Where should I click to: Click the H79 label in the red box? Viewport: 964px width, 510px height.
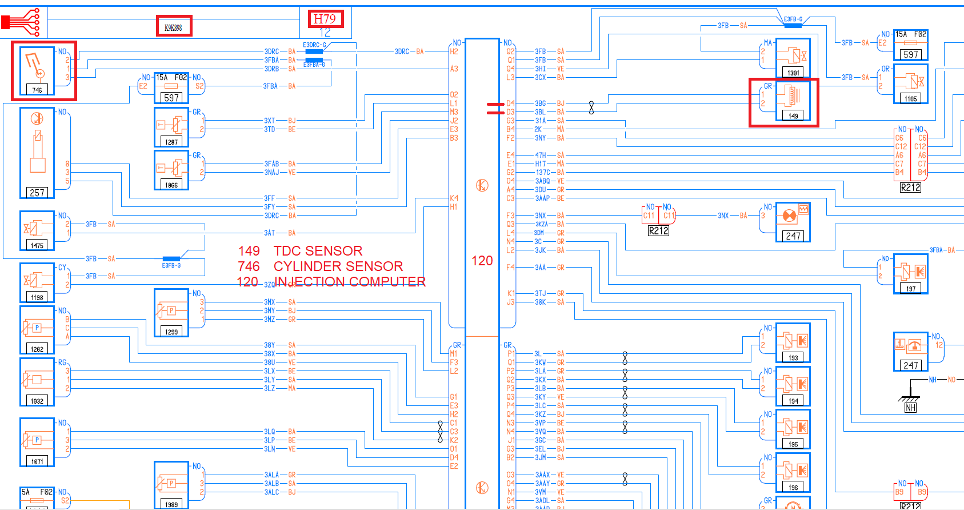pos(326,19)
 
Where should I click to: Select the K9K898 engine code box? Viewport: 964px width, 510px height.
pos(174,26)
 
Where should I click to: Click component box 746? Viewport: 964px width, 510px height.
pos(37,71)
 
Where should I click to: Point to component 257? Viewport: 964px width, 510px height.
pos(37,153)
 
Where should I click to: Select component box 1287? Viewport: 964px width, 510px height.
pos(171,127)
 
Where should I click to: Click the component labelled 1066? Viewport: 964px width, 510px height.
pos(171,170)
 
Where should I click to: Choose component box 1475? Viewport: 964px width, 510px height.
pos(37,231)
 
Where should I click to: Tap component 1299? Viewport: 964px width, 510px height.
pos(171,313)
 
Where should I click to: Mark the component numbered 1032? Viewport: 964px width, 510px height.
pos(37,382)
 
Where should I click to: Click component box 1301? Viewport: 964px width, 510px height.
pos(793,58)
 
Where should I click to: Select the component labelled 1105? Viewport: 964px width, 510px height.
pos(910,83)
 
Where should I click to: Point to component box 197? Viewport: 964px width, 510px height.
pos(910,274)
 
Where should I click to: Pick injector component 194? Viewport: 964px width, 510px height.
pos(793,386)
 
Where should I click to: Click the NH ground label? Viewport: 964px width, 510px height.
pos(910,408)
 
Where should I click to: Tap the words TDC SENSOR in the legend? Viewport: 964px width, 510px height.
pos(318,251)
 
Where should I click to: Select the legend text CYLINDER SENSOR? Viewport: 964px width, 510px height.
pos(338,266)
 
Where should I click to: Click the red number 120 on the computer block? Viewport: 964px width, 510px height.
pos(482,261)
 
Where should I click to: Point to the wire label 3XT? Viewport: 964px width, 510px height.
pos(269,121)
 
